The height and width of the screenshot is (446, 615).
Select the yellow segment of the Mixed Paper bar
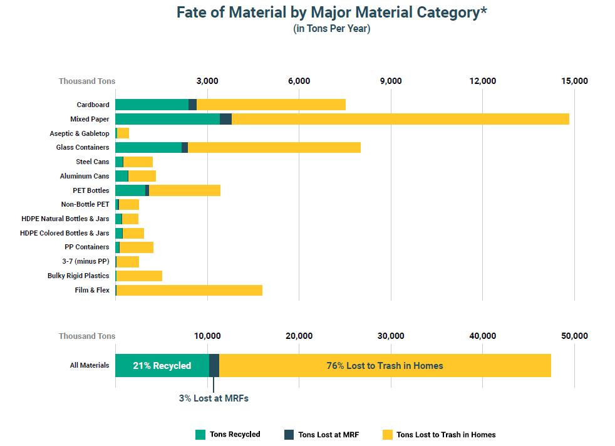tap(400, 119)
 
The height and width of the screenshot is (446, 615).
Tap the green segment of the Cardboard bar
tap(152, 105)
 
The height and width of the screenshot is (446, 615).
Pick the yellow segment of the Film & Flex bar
tap(189, 290)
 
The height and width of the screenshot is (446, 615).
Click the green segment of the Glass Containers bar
tap(148, 147)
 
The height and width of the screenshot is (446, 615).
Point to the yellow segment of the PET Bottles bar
tap(185, 190)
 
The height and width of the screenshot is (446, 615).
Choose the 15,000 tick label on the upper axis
tap(574, 81)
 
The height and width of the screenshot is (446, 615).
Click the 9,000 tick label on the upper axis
tap(391, 81)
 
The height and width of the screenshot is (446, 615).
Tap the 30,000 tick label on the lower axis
tap(391, 336)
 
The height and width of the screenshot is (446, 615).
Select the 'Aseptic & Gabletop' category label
tap(80, 133)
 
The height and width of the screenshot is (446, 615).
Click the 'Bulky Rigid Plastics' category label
tap(78, 276)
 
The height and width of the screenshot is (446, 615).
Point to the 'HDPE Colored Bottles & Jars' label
tap(65, 233)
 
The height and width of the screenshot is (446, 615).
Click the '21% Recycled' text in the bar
tap(162, 365)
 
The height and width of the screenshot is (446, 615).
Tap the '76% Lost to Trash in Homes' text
tap(385, 365)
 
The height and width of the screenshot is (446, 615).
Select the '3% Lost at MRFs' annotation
tap(214, 398)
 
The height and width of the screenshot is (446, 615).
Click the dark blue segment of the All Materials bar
tap(214, 365)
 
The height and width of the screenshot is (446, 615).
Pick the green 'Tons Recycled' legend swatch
tap(200, 435)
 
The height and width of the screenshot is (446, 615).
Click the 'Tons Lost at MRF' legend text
tap(329, 435)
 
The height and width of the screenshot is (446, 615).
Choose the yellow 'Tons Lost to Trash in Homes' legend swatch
tap(387, 435)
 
